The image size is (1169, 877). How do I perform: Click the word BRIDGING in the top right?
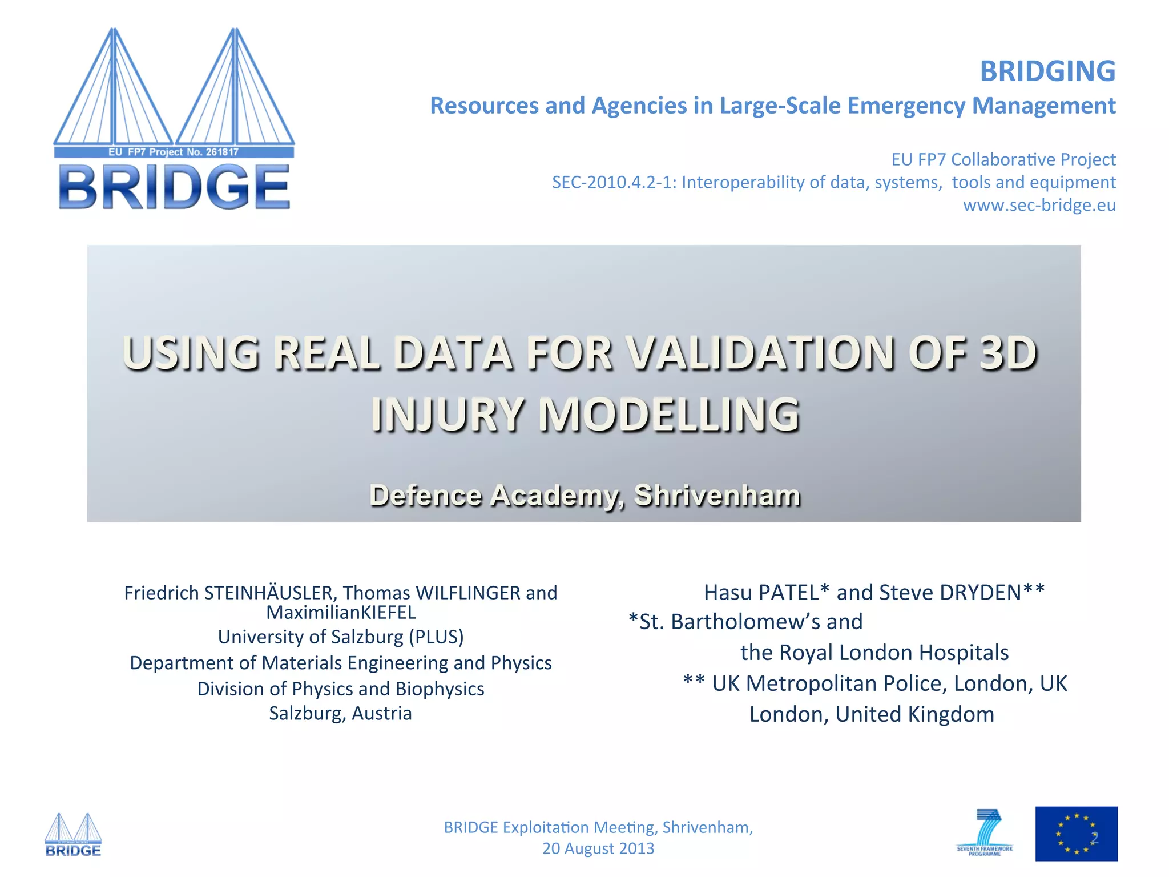pyautogui.click(x=1047, y=71)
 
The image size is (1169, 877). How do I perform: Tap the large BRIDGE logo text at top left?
pyautogui.click(x=174, y=187)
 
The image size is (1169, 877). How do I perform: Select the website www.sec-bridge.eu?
pyautogui.click(x=1039, y=205)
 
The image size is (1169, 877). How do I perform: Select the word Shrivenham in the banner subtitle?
pyautogui.click(x=717, y=495)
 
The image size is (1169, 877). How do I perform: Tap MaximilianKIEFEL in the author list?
pyautogui.click(x=341, y=613)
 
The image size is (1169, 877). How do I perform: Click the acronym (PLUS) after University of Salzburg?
pyautogui.click(x=436, y=637)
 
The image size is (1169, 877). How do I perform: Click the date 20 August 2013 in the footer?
pyautogui.click(x=598, y=848)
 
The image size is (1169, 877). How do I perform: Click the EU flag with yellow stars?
pyautogui.click(x=1076, y=834)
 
